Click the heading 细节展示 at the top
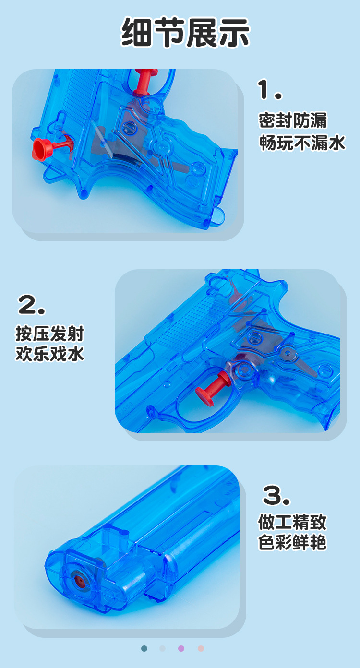185,33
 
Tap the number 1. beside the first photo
269,90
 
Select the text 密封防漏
293,120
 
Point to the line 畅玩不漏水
302,143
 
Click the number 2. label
32,305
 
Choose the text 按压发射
50,333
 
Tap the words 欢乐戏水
50,354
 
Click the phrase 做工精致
292,522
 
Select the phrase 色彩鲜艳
292,543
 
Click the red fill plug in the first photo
42,148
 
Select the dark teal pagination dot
144,648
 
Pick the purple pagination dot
181,648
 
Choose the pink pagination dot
201,648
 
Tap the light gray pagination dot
163,648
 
